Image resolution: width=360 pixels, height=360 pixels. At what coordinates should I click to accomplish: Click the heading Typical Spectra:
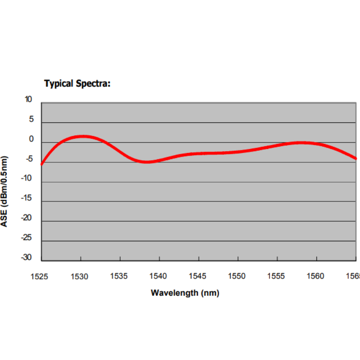(77, 83)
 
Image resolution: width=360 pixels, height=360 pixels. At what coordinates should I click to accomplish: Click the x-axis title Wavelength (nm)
(185, 293)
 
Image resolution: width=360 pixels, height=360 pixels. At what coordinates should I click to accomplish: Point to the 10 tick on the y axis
(29, 99)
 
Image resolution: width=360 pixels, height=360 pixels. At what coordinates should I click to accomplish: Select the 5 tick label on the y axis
(31, 119)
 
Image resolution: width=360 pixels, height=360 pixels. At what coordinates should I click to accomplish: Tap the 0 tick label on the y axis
(31, 139)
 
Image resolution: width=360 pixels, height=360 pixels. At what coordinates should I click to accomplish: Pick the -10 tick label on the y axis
(28, 179)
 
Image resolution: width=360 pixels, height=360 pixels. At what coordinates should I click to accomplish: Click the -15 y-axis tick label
(28, 198)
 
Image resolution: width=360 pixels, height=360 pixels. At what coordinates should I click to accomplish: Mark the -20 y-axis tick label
(28, 218)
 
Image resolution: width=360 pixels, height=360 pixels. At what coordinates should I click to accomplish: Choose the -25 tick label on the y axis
(28, 238)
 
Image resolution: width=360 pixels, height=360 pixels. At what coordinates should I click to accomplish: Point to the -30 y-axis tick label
(28, 258)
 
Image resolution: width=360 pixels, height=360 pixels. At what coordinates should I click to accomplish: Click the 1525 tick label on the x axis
(40, 276)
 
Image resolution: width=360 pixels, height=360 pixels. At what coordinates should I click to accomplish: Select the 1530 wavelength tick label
(80, 276)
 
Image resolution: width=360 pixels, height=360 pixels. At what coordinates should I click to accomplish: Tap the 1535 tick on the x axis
(119, 276)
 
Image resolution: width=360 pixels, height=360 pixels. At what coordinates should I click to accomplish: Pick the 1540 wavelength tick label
(158, 276)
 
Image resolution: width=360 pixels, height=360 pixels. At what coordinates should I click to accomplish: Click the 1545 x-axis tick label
(198, 276)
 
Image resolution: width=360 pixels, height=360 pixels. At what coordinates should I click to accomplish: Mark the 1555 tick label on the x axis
(277, 276)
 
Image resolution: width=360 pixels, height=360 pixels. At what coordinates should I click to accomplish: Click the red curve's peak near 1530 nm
(83, 136)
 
